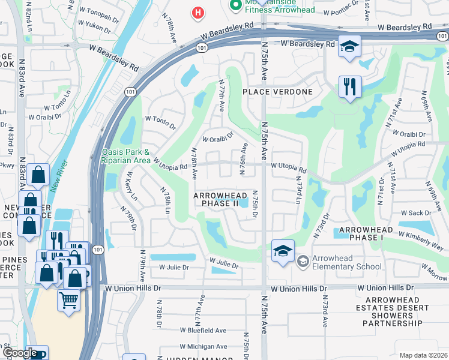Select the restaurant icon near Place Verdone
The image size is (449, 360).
point(349,86)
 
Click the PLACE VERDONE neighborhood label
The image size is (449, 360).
point(278,92)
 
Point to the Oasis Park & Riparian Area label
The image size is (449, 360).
point(125,156)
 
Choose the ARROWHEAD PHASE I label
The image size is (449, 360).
point(366,234)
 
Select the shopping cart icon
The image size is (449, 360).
point(69,299)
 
